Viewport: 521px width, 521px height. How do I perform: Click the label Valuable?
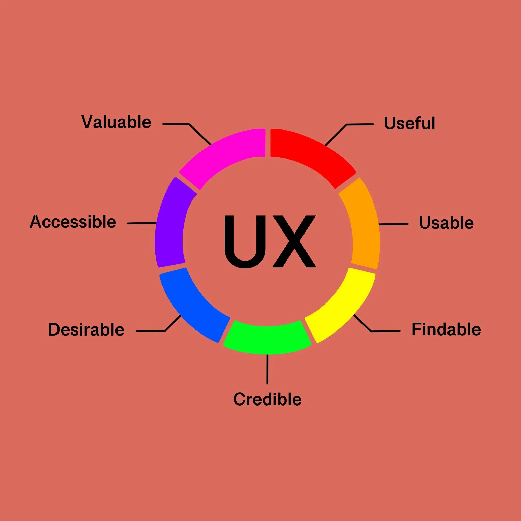tap(116, 122)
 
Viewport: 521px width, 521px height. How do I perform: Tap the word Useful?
tap(409, 123)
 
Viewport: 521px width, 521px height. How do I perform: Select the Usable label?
tap(446, 223)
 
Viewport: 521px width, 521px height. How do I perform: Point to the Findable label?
tap(446, 329)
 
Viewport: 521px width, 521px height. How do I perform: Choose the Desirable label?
tap(86, 329)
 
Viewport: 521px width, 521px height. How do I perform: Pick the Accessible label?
tap(73, 222)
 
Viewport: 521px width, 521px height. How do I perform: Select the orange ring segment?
tap(363, 224)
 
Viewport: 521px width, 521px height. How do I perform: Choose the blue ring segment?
tap(194, 305)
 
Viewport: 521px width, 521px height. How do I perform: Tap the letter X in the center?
tap(294, 241)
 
